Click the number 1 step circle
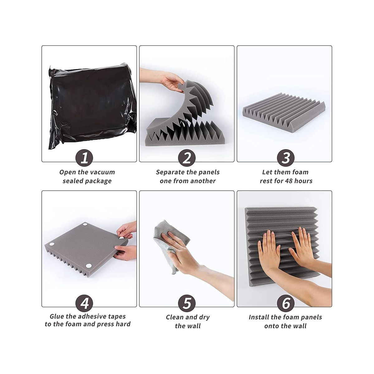pos(84,158)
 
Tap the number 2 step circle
pos(187,158)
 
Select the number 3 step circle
pos(285,158)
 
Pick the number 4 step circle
pos(84,303)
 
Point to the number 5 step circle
pos(187,303)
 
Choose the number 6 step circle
pos(285,303)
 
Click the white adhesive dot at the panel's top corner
pos(85,225)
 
